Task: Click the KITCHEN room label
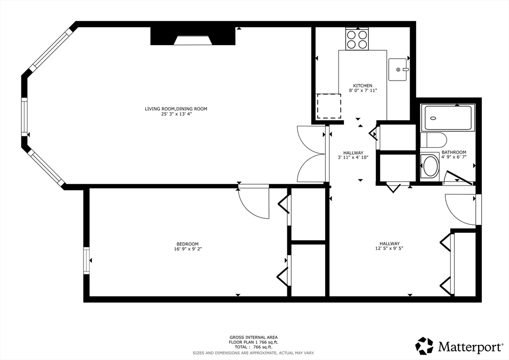click(362, 86)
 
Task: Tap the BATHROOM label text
click(454, 152)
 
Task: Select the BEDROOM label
click(187, 244)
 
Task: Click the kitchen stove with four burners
click(357, 39)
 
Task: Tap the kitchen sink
click(398, 70)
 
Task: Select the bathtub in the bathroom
click(448, 118)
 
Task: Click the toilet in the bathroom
click(433, 140)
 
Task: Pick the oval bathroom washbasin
click(430, 166)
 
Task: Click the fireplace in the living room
click(193, 36)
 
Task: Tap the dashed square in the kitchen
click(329, 106)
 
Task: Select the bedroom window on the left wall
click(86, 261)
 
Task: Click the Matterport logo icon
click(424, 346)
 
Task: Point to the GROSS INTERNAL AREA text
click(254, 337)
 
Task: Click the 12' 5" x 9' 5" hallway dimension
click(390, 249)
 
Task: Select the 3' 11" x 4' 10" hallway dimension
click(353, 158)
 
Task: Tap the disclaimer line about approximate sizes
click(254, 353)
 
